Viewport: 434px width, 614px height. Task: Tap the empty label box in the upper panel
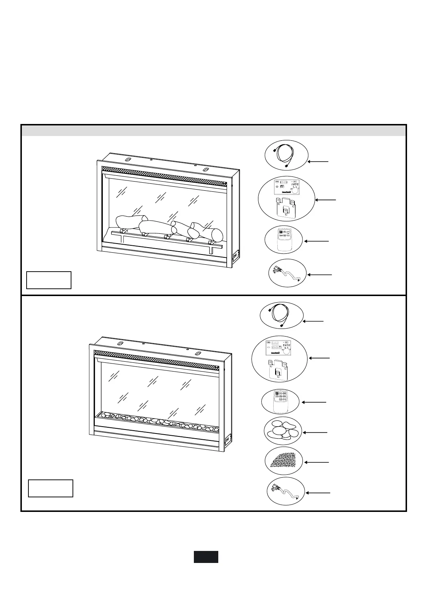(x=49, y=280)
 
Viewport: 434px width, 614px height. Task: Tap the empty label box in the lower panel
(x=51, y=488)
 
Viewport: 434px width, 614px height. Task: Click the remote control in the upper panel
(x=283, y=240)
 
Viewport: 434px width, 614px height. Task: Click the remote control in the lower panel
(x=280, y=402)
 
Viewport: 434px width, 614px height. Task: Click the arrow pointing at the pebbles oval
(x=315, y=432)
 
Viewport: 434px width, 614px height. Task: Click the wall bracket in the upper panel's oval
(x=285, y=209)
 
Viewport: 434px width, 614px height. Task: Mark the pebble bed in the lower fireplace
(x=157, y=421)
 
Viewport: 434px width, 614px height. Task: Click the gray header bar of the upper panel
(x=214, y=131)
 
